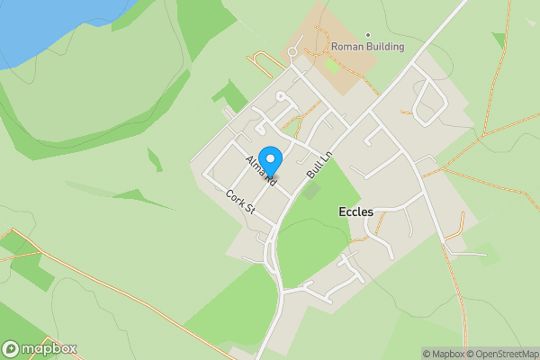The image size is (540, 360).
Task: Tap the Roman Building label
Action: [367, 47]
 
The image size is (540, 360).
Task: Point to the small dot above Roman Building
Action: [367, 33]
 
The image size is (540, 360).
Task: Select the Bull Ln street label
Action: [319, 159]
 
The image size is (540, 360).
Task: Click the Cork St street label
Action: [241, 201]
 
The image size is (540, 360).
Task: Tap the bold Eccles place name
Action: [355, 211]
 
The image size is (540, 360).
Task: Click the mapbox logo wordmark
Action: [49, 348]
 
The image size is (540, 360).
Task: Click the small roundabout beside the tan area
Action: [292, 52]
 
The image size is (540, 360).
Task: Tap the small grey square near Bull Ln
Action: [311, 191]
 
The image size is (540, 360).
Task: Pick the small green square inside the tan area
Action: [332, 65]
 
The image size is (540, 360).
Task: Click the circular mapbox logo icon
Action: [12, 348]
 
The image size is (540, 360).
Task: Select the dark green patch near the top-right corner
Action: [499, 40]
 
